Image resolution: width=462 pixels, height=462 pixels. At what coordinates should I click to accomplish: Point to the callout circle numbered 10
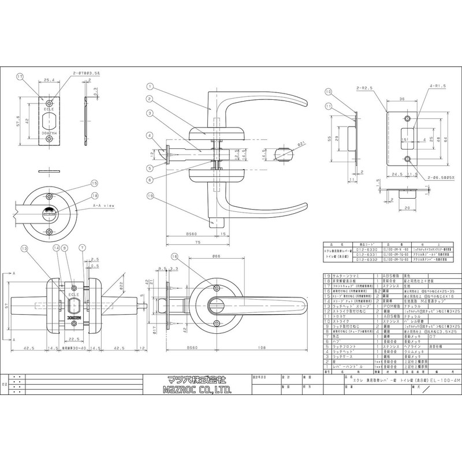pyautogui.click(x=327, y=92)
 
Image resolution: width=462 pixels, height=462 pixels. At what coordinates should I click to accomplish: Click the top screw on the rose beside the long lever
pyautogui.click(x=216, y=288)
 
